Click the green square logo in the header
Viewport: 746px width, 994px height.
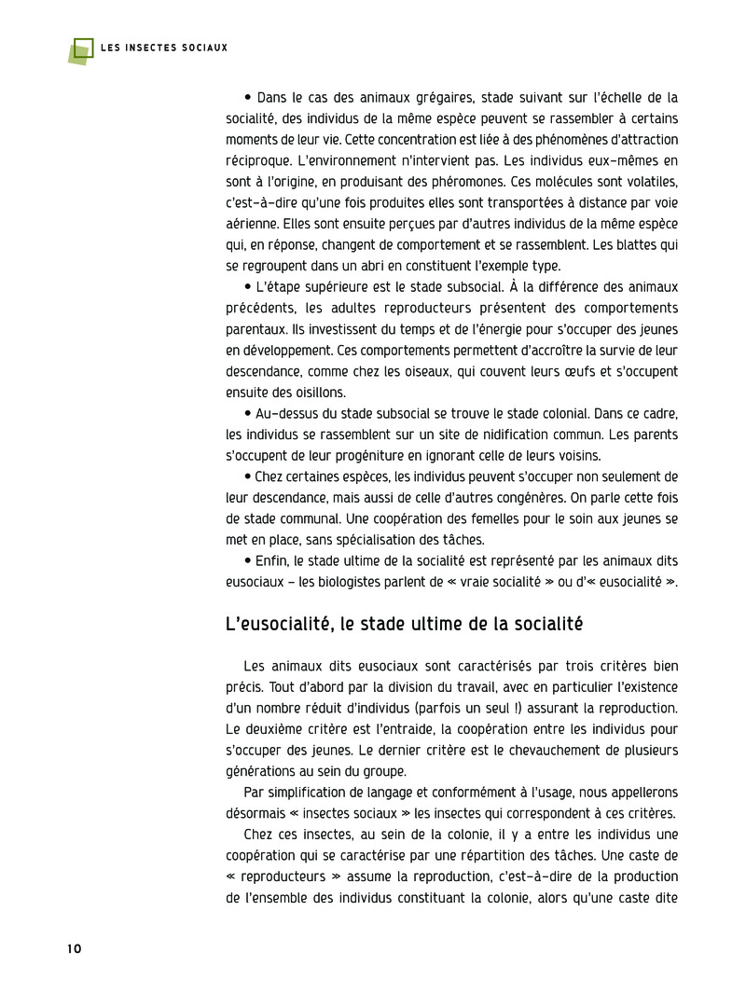[81, 51]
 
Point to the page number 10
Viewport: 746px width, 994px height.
[75, 948]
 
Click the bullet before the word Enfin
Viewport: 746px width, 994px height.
[247, 560]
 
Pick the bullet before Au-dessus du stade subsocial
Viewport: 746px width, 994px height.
[247, 413]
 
